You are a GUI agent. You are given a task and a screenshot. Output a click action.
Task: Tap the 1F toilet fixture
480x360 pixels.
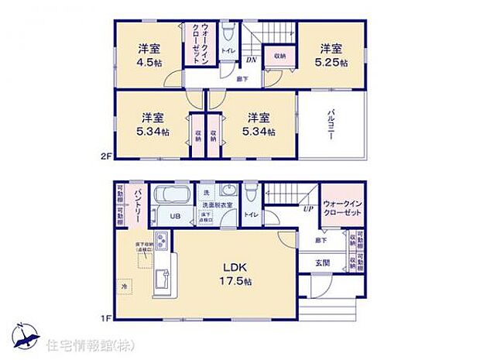250,194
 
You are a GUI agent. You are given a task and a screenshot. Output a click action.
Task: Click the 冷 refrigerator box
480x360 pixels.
124,285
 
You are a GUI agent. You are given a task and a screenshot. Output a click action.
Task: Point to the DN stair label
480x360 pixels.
250,60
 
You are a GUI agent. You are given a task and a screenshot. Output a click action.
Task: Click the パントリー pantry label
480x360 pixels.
135,204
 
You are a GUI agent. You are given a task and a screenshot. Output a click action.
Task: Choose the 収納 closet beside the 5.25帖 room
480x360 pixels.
279,56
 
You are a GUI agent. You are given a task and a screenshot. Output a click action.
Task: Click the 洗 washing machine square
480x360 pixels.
206,192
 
